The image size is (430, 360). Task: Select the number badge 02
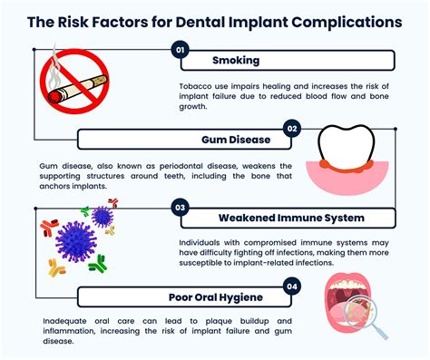[291, 129]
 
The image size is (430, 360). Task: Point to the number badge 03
[180, 207]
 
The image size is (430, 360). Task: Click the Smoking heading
[235, 62]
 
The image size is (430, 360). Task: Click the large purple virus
[76, 242]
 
